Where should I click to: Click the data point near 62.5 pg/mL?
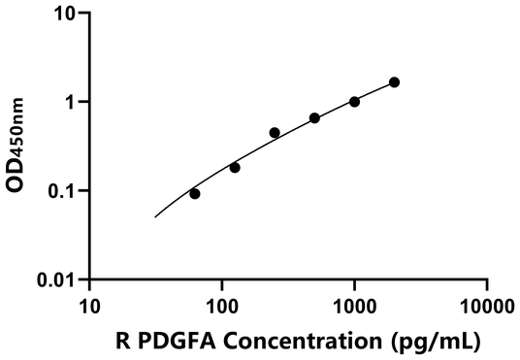tap(195, 193)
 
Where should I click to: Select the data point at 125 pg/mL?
tap(235, 167)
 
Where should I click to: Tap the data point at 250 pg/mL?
tap(275, 132)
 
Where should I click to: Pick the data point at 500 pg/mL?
tap(314, 117)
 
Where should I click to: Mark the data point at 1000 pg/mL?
tap(354, 101)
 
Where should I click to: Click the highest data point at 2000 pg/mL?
tap(394, 82)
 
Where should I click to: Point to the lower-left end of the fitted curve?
tap(155, 217)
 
